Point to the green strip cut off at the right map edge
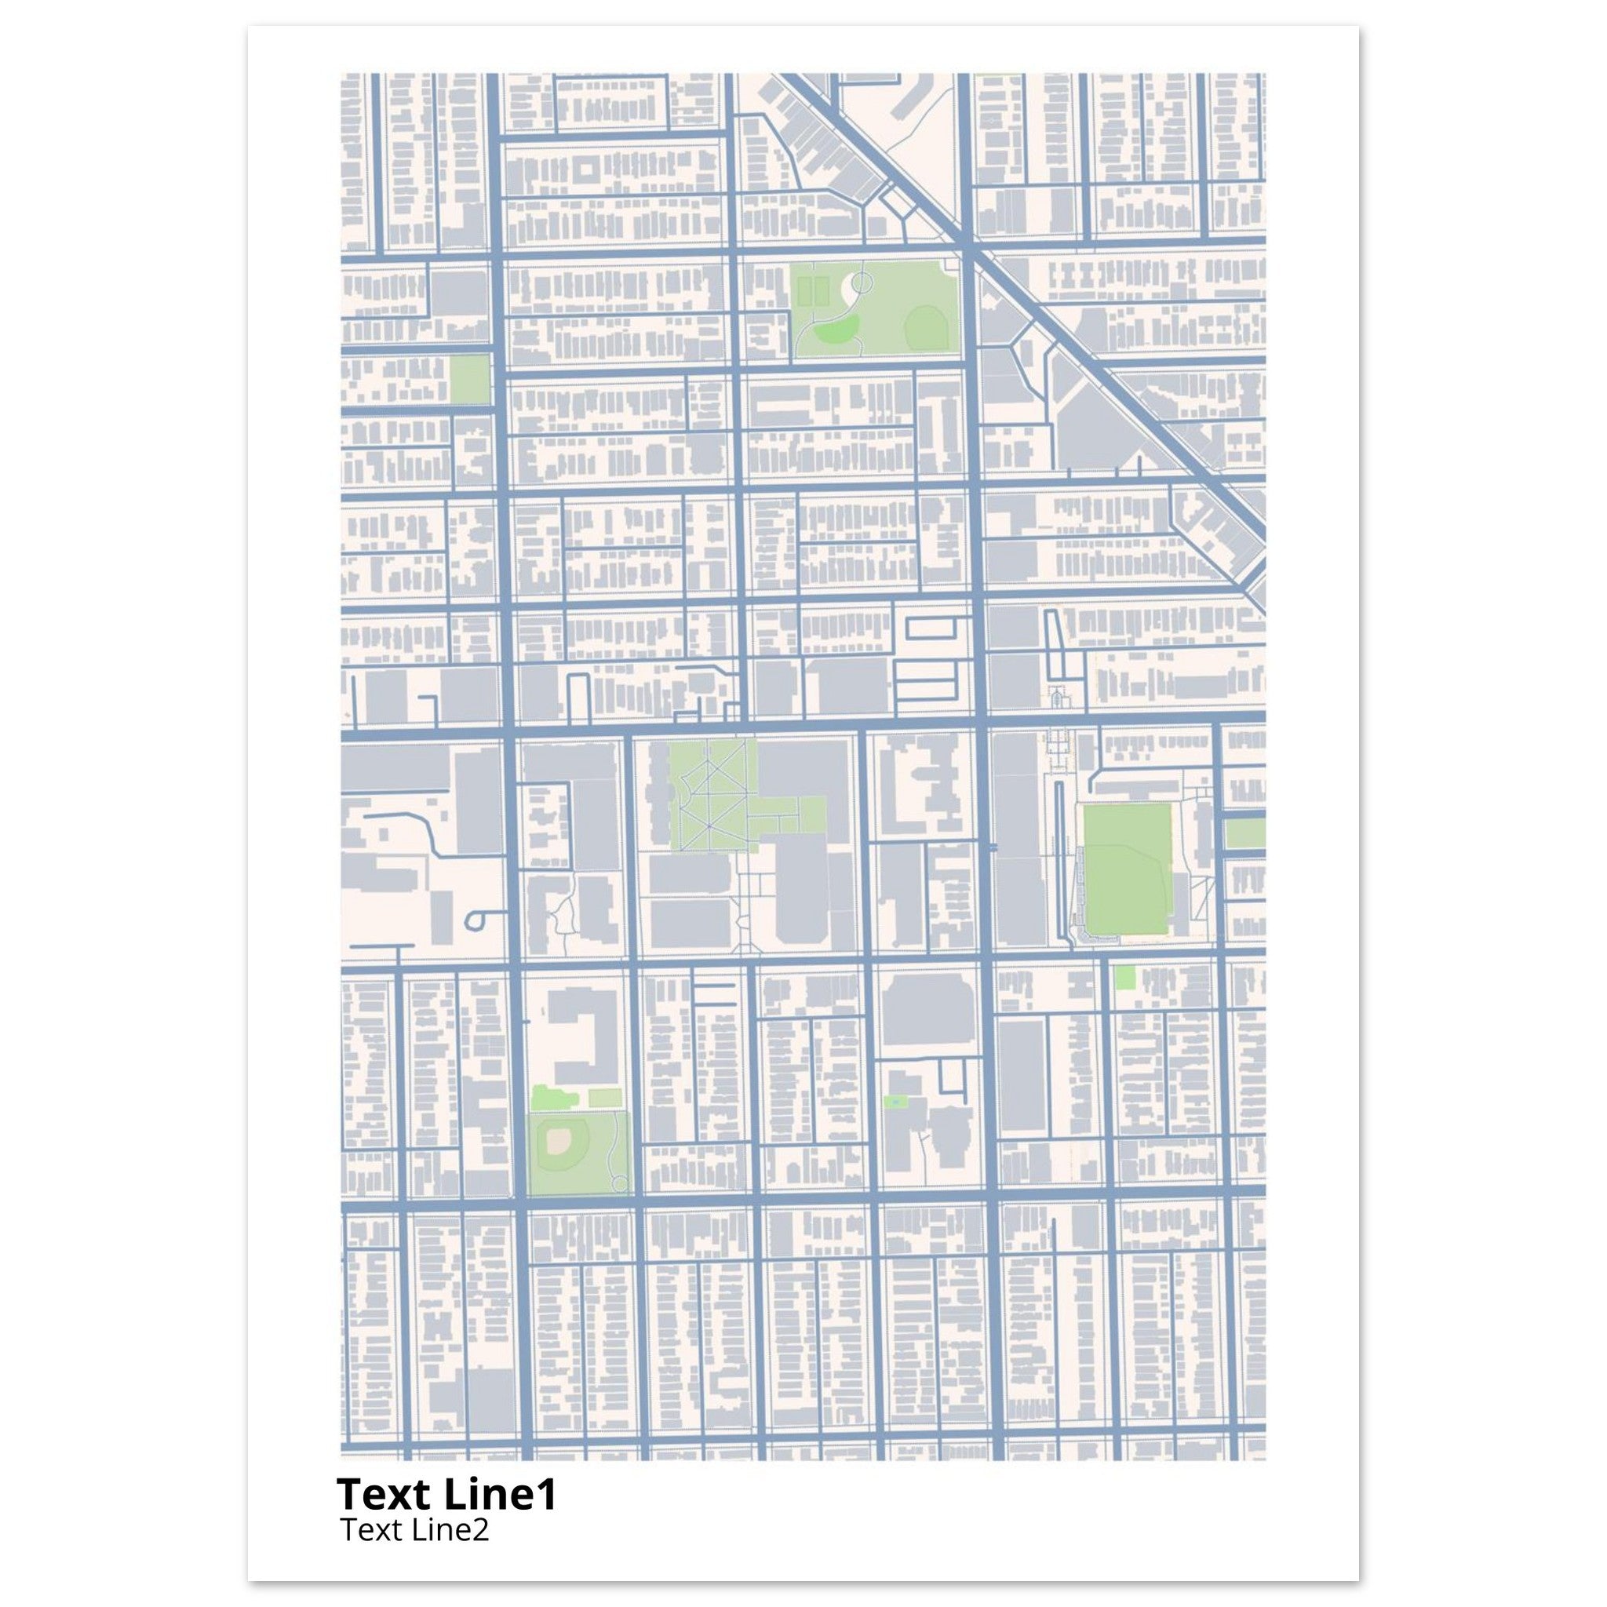tap(1245, 833)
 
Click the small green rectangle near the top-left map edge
tap(469, 380)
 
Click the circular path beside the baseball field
tap(619, 1182)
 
